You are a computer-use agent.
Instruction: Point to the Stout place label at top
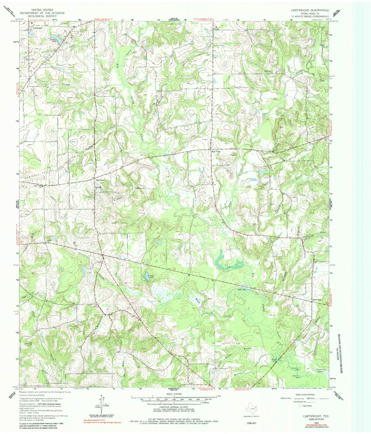tap(216, 29)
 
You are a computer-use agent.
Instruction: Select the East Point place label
tap(216, 152)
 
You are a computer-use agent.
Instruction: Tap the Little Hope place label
tap(317, 300)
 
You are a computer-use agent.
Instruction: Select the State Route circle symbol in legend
tap(300, 406)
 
